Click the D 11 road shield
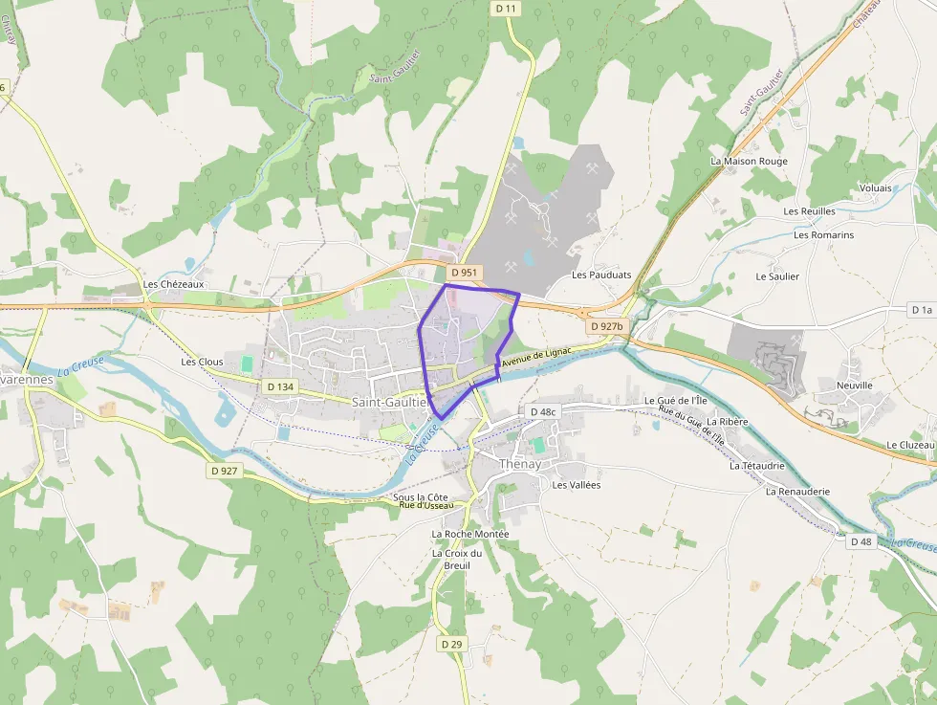click(507, 9)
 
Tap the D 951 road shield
click(464, 273)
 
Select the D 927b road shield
click(606, 326)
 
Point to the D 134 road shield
click(279, 386)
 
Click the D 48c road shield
click(542, 411)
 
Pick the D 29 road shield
click(452, 645)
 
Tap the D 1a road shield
click(921, 310)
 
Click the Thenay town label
click(520, 464)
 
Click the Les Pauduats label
click(601, 275)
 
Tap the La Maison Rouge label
click(749, 162)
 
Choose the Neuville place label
click(855, 386)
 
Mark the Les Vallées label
click(576, 485)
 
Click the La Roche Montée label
click(470, 534)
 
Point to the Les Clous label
click(202, 363)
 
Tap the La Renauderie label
click(797, 492)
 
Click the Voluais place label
click(875, 188)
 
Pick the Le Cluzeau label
click(910, 446)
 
